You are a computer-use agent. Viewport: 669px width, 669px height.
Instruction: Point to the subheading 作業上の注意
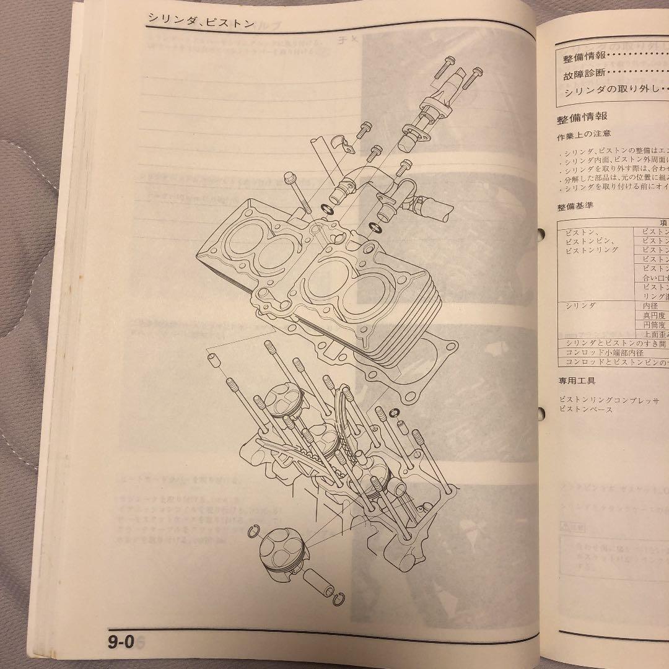click(x=575, y=133)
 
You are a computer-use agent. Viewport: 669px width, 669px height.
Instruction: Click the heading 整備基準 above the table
click(x=575, y=206)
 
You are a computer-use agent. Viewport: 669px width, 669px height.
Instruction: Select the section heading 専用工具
click(x=575, y=380)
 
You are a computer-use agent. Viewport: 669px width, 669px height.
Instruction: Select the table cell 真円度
click(x=653, y=315)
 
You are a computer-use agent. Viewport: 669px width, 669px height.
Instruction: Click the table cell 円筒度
click(x=654, y=325)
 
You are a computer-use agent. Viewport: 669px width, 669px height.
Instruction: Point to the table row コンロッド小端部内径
click(x=604, y=352)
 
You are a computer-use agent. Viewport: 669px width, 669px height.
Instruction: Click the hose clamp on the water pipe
click(x=417, y=217)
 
